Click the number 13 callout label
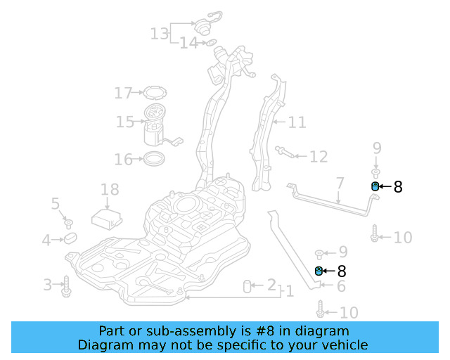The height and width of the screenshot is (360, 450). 159,33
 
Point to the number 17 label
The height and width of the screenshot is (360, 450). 123,92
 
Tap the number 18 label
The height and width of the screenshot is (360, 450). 110,189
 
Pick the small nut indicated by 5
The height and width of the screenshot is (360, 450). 69,224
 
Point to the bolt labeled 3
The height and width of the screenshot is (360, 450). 67,285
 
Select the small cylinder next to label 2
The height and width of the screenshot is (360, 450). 247,285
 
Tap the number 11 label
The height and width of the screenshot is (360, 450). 297,122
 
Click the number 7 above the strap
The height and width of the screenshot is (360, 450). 340,184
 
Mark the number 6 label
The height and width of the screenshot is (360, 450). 341,286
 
